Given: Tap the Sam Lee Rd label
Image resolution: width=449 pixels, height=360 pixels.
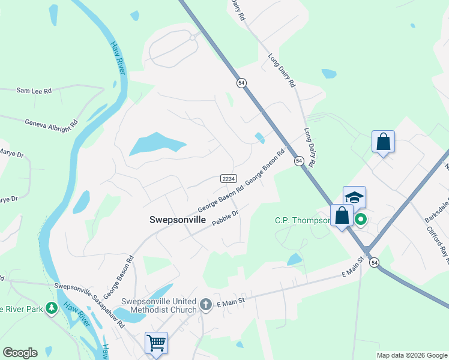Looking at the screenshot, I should [x=34, y=91].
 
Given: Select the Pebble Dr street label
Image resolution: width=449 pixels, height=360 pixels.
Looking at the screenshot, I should [x=226, y=217].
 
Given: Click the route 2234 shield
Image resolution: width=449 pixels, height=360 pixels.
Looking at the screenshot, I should [x=229, y=179].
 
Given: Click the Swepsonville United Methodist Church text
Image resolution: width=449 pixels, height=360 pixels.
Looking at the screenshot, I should [x=159, y=305].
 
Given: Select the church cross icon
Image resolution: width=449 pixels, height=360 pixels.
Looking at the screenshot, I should [x=206, y=305].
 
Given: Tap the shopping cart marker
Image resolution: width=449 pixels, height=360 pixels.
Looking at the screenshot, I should [x=156, y=343].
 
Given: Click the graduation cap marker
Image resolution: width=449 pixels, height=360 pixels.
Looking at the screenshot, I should [x=354, y=197].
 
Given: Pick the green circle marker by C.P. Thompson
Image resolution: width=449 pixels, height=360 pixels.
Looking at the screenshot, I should [x=360, y=220].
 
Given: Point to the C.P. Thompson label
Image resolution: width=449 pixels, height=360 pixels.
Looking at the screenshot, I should [x=303, y=220].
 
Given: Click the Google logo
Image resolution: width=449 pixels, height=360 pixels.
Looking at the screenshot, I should [x=20, y=353].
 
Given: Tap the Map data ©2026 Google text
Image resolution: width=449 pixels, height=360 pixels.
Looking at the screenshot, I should [x=411, y=355].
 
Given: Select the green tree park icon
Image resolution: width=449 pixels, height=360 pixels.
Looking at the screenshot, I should [x=52, y=308].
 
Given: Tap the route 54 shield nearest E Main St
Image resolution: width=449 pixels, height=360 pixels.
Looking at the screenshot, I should [x=375, y=262].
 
